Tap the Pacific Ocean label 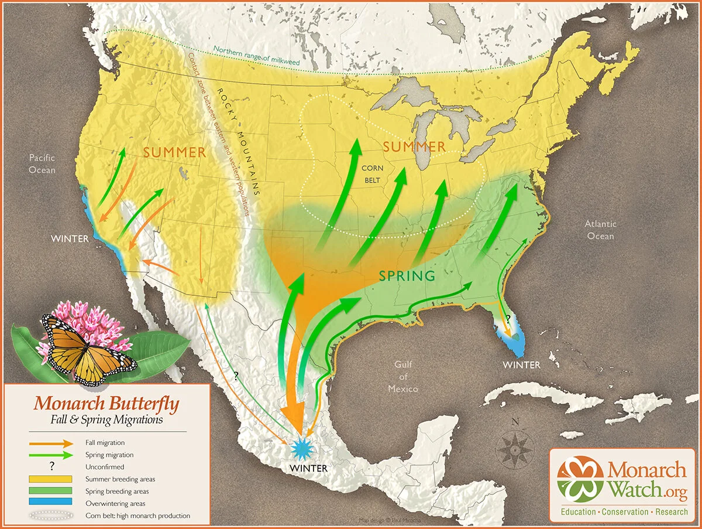[43, 164]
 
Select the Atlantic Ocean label [600, 230]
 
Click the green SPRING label [407, 275]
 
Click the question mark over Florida [507, 319]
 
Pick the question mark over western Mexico [236, 376]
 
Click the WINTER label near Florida [521, 364]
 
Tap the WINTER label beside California [70, 238]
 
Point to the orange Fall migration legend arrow [53, 443]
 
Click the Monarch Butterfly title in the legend [106, 404]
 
